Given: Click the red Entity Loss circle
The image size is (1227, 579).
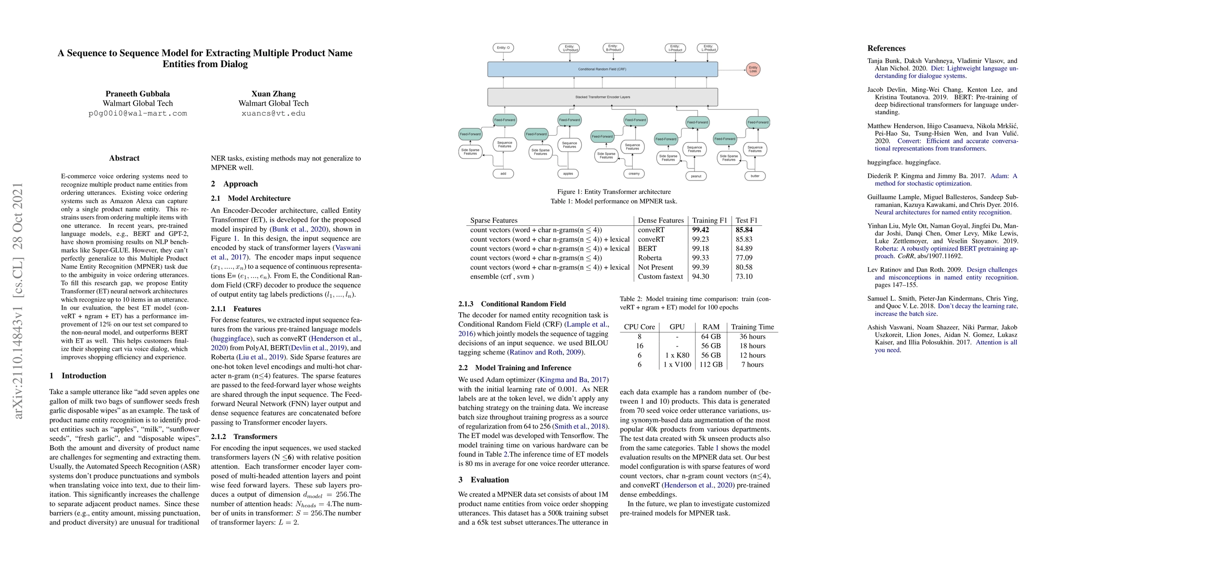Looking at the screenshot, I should pyautogui.click(x=753, y=69).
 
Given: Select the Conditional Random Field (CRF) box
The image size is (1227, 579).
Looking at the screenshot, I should pyautogui.click(x=602, y=69).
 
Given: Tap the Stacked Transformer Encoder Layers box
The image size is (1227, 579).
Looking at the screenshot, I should pyautogui.click(x=602, y=97).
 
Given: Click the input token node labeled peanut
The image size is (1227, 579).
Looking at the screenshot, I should pyautogui.click(x=695, y=176).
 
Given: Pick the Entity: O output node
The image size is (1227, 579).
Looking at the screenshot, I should pyautogui.click(x=503, y=48).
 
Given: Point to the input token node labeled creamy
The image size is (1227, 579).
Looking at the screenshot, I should pyautogui.click(x=634, y=174).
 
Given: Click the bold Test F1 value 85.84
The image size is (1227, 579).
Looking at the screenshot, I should pyautogui.click(x=744, y=230).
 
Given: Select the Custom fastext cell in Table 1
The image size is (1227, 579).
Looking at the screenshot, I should pyautogui.click(x=660, y=277).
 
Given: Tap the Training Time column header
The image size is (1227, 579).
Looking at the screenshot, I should pyautogui.click(x=752, y=327).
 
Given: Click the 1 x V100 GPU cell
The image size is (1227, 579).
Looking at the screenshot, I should pyautogui.click(x=677, y=365).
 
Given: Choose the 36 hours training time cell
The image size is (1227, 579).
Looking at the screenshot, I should pyautogui.click(x=752, y=337).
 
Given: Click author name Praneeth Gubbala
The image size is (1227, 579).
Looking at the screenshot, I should pyautogui.click(x=137, y=94).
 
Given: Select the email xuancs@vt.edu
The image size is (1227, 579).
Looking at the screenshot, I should pyautogui.click(x=273, y=114).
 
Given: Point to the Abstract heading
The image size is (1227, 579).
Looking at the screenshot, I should pyautogui.click(x=124, y=158).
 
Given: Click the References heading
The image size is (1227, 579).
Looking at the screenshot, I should pyautogui.click(x=886, y=48).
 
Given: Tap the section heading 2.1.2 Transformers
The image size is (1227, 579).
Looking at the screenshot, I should pyautogui.click(x=244, y=437).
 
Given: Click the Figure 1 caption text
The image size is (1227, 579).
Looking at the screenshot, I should pyautogui.click(x=613, y=192).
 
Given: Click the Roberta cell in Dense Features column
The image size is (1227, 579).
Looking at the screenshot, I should pyautogui.click(x=649, y=258).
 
